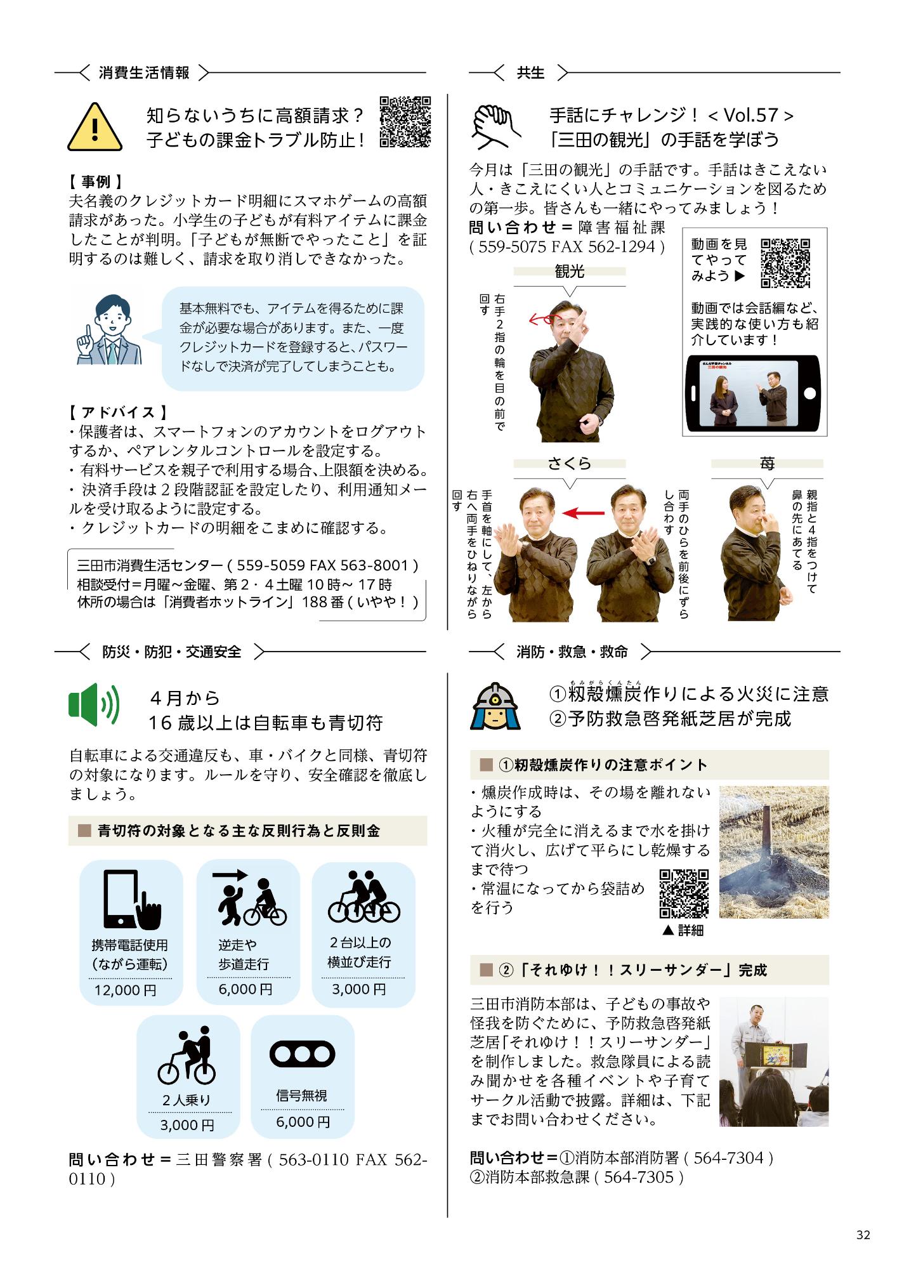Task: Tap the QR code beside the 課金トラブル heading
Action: click(405, 122)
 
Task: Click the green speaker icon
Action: click(93, 704)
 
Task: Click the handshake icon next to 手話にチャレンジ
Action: click(495, 123)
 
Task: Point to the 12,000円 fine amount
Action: click(125, 990)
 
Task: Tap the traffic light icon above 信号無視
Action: click(302, 1055)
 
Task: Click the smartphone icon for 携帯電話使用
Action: click(131, 899)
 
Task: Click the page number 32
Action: click(863, 1235)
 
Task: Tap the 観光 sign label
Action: click(569, 272)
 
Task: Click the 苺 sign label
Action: click(767, 464)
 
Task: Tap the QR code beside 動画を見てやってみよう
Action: click(785, 263)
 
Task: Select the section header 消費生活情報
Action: click(144, 73)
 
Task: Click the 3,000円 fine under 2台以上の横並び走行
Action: click(359, 989)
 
